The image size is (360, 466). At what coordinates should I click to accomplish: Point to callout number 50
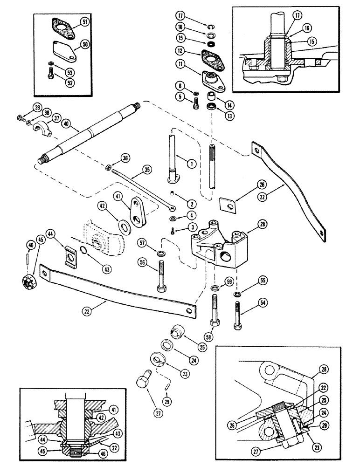coord(85,44)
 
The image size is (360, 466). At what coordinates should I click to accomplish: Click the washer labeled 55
coord(238,295)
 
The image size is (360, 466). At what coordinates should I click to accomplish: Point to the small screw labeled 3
coord(173,232)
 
